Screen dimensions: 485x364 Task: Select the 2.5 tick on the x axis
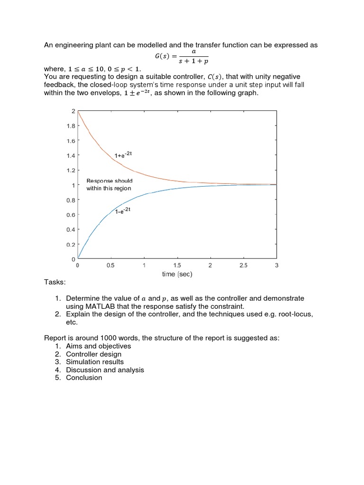[243, 266]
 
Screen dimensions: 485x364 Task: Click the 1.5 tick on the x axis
[177, 266]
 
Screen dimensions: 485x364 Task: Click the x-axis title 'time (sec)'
[177, 274]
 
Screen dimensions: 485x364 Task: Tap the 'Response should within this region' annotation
[109, 184]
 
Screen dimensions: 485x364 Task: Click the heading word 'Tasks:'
[55, 282]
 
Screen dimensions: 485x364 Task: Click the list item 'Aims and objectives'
[98, 346]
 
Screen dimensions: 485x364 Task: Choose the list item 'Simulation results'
[95, 362]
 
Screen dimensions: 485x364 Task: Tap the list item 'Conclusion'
[84, 377]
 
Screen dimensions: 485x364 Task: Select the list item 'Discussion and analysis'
[105, 370]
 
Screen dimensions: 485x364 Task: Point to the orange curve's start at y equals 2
[78, 111]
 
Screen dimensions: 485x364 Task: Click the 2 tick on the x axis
[210, 266]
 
